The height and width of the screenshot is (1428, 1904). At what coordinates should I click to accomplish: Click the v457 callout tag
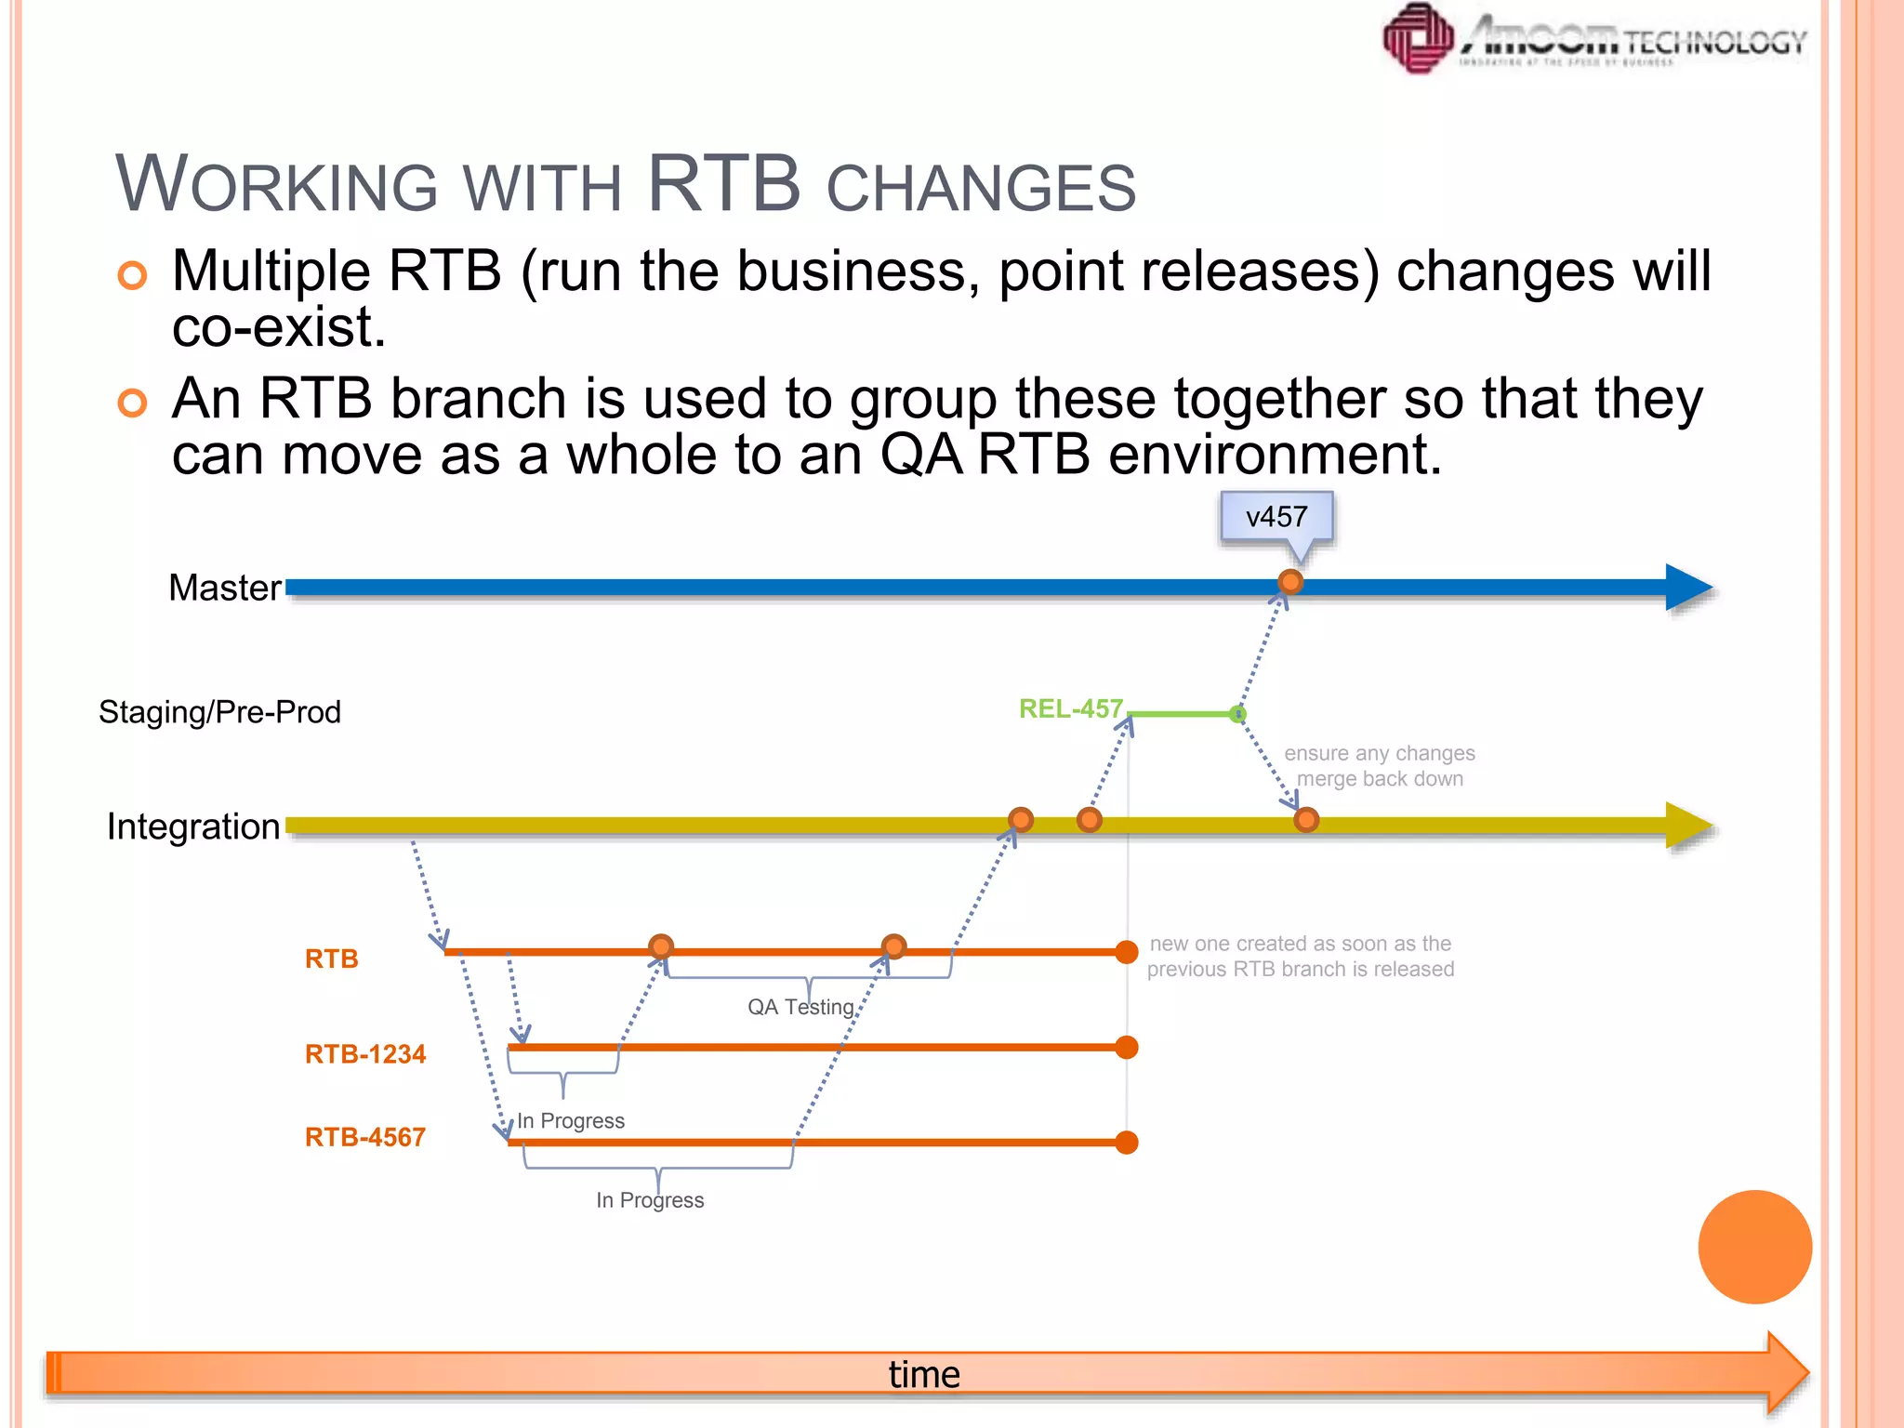(1276, 517)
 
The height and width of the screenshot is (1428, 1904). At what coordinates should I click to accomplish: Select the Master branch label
(225, 588)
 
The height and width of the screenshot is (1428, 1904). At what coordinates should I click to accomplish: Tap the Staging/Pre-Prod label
(219, 712)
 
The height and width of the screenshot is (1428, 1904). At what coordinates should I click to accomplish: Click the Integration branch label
(193, 826)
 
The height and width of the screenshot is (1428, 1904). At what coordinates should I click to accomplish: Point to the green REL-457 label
(1071, 708)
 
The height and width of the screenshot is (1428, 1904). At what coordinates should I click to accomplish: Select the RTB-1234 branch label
(365, 1054)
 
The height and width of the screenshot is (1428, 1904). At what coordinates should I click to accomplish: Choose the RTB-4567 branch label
(365, 1137)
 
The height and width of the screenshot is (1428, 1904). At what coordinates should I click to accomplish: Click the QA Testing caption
(800, 1007)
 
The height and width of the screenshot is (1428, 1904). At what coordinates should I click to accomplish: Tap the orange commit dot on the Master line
(1290, 582)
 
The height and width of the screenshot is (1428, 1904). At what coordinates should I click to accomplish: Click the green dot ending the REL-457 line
(1237, 714)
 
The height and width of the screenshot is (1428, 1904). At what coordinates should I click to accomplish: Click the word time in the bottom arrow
(924, 1374)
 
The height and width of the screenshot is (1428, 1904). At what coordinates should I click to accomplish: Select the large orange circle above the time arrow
(1754, 1247)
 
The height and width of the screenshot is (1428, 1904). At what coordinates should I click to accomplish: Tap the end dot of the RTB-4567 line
(1127, 1143)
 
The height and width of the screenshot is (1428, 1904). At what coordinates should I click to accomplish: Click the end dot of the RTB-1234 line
(1127, 1048)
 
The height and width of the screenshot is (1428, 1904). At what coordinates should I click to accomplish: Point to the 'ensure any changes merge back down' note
(1380, 766)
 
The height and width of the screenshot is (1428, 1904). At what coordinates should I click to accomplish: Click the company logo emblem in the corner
(1418, 38)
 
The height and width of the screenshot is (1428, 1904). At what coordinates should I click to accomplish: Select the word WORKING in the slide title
(276, 184)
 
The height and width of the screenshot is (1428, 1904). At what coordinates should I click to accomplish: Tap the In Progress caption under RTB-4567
(650, 1200)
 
